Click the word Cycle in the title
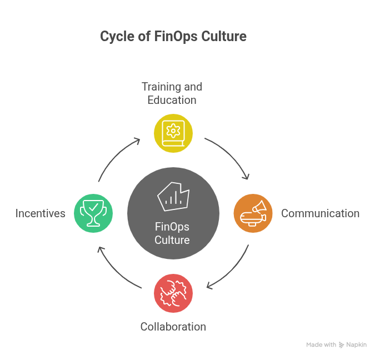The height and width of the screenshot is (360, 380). click(x=114, y=37)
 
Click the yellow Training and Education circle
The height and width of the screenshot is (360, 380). click(x=173, y=133)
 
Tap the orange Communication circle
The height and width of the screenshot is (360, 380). click(x=253, y=213)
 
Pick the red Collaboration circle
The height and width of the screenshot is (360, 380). click(x=173, y=293)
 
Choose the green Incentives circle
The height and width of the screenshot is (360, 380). click(x=93, y=213)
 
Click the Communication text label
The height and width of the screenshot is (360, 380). click(x=320, y=213)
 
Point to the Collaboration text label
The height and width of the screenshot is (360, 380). click(x=173, y=327)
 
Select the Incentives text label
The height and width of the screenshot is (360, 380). click(x=41, y=213)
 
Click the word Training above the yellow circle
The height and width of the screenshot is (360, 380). click(x=161, y=87)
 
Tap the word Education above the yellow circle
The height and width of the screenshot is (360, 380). click(x=172, y=100)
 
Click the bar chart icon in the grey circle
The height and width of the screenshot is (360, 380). click(x=173, y=196)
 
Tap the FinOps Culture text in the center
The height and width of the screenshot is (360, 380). click(x=172, y=233)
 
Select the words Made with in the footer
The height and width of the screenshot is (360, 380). click(x=321, y=345)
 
